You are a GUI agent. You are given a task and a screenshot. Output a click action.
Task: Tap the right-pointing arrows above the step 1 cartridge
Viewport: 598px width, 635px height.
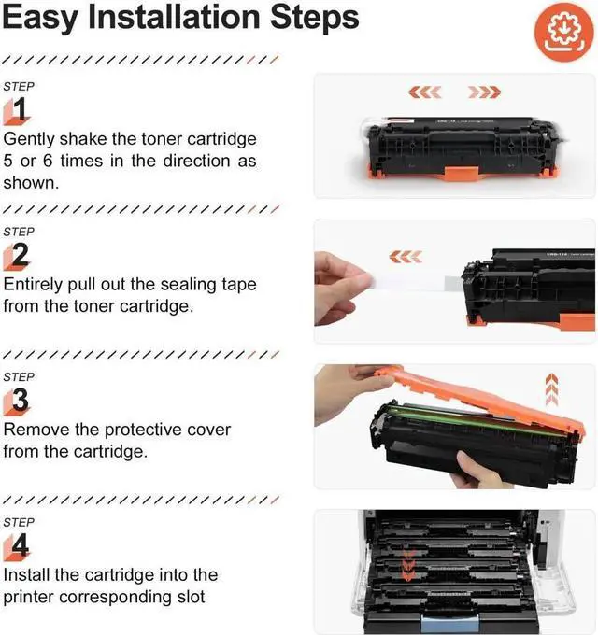pos(484,92)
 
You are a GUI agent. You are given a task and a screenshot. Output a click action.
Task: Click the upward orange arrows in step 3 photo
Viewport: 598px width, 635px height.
pos(551,388)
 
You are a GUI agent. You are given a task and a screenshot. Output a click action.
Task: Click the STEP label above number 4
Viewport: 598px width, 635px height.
pos(20,522)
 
